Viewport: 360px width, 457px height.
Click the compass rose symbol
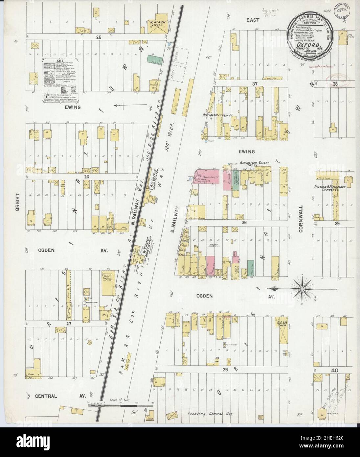(301, 289)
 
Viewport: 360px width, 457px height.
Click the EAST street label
(253, 20)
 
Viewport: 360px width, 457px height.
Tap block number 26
(87, 176)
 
